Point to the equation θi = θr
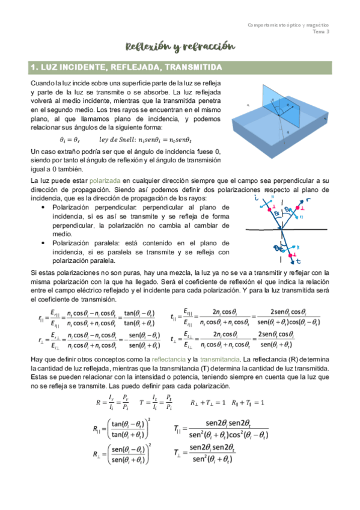coord(72,138)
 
